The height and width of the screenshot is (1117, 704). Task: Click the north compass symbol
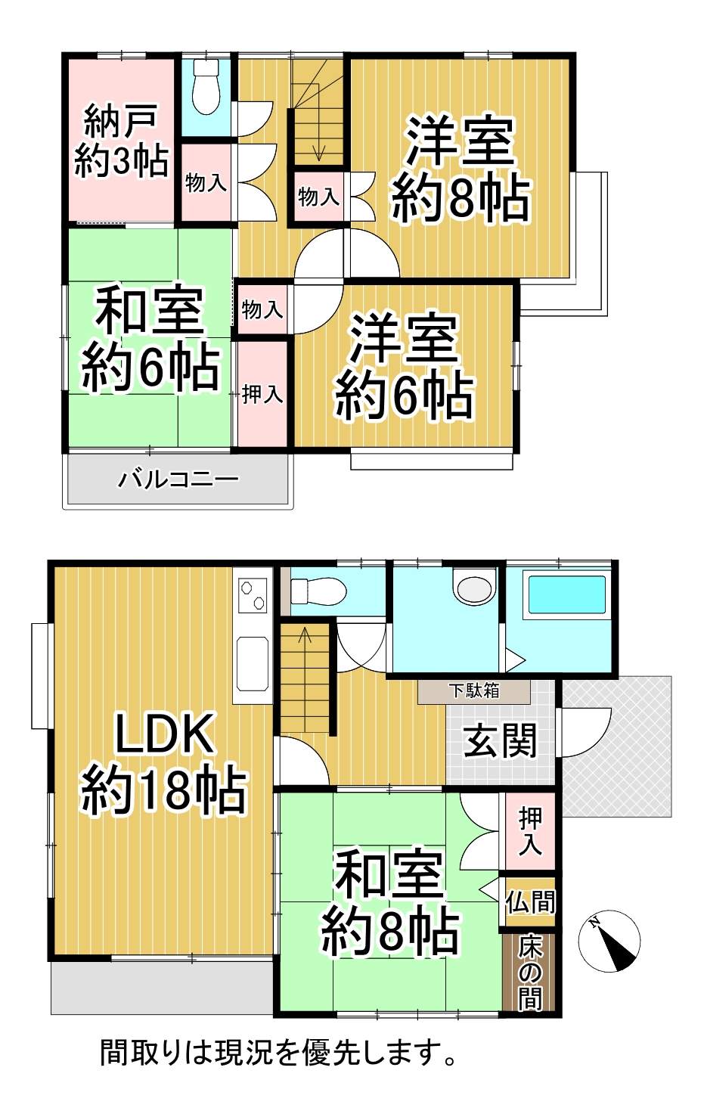[609, 941]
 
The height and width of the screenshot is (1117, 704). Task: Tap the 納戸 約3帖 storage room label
[121, 141]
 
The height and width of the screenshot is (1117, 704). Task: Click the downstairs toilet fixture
[318, 592]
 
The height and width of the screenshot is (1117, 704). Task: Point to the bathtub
[566, 594]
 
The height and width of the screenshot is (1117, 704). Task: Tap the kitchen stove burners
[253, 595]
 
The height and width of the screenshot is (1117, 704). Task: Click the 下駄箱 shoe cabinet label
[473, 691]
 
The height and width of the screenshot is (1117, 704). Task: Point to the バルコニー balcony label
[178, 479]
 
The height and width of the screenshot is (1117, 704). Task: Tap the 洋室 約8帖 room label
[460, 169]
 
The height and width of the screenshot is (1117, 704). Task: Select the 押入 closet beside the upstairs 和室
[262, 395]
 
